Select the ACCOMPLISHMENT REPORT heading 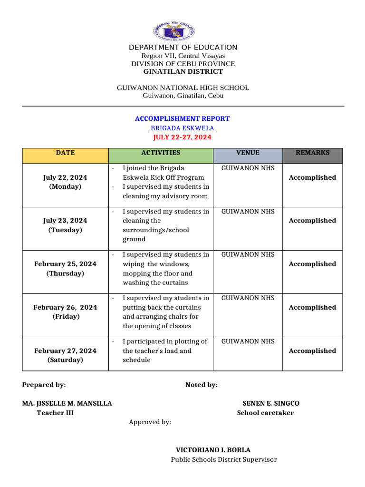pyautogui.click(x=182, y=118)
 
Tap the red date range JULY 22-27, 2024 pyautogui.click(x=182, y=137)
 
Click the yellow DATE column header pyautogui.click(x=65, y=153)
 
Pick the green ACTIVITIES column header pyautogui.click(x=161, y=153)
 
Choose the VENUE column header pyautogui.click(x=248, y=153)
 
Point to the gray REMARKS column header pyautogui.click(x=312, y=153)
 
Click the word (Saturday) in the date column pyautogui.click(x=65, y=360)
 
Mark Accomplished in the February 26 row pyautogui.click(x=312, y=307)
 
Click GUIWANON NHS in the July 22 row pyautogui.click(x=248, y=168)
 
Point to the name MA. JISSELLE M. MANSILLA pyautogui.click(x=67, y=403)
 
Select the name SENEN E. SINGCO pyautogui.click(x=271, y=403)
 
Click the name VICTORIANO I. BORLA pyautogui.click(x=213, y=450)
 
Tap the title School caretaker pyautogui.click(x=265, y=413)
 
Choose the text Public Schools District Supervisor pyautogui.click(x=223, y=459)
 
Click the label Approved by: pyautogui.click(x=150, y=422)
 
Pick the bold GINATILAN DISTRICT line pyautogui.click(x=183, y=71)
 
